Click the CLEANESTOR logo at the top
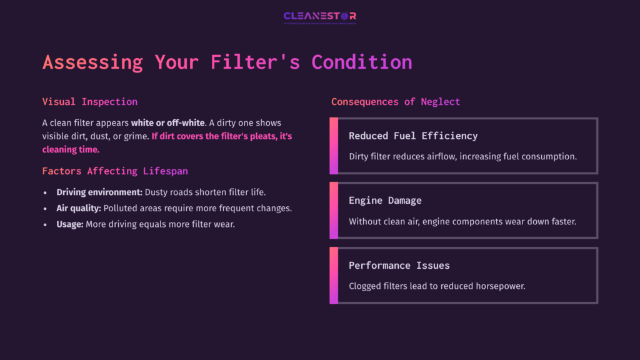319,16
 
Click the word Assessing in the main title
92,62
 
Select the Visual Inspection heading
90,101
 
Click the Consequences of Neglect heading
396,101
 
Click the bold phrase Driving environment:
99,192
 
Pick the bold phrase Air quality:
79,208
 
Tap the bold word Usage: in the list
69,224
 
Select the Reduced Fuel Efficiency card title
413,136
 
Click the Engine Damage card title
385,201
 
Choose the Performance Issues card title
399,266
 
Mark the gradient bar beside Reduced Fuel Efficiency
334,146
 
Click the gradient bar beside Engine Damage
334,211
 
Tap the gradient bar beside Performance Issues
334,276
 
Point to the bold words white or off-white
167,122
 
